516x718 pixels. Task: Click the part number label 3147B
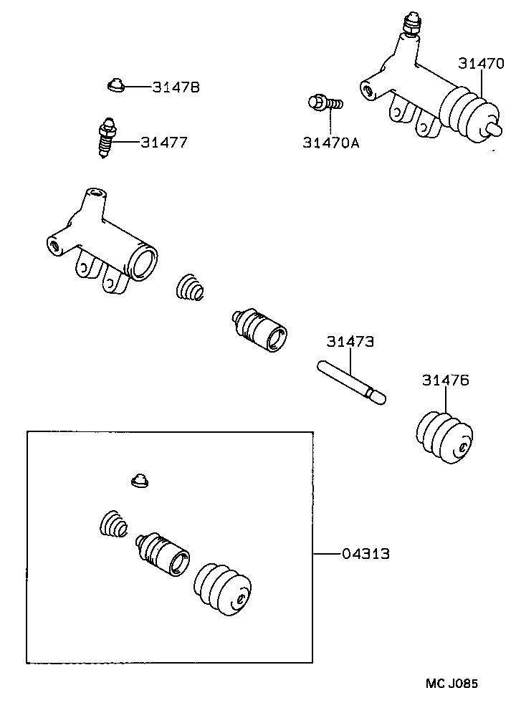(x=175, y=87)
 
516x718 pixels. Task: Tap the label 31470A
(x=330, y=143)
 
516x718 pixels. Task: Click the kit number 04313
(x=365, y=553)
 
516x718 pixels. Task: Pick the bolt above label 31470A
(x=323, y=105)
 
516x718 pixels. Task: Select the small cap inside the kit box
(x=139, y=481)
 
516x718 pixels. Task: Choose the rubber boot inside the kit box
(x=224, y=586)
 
